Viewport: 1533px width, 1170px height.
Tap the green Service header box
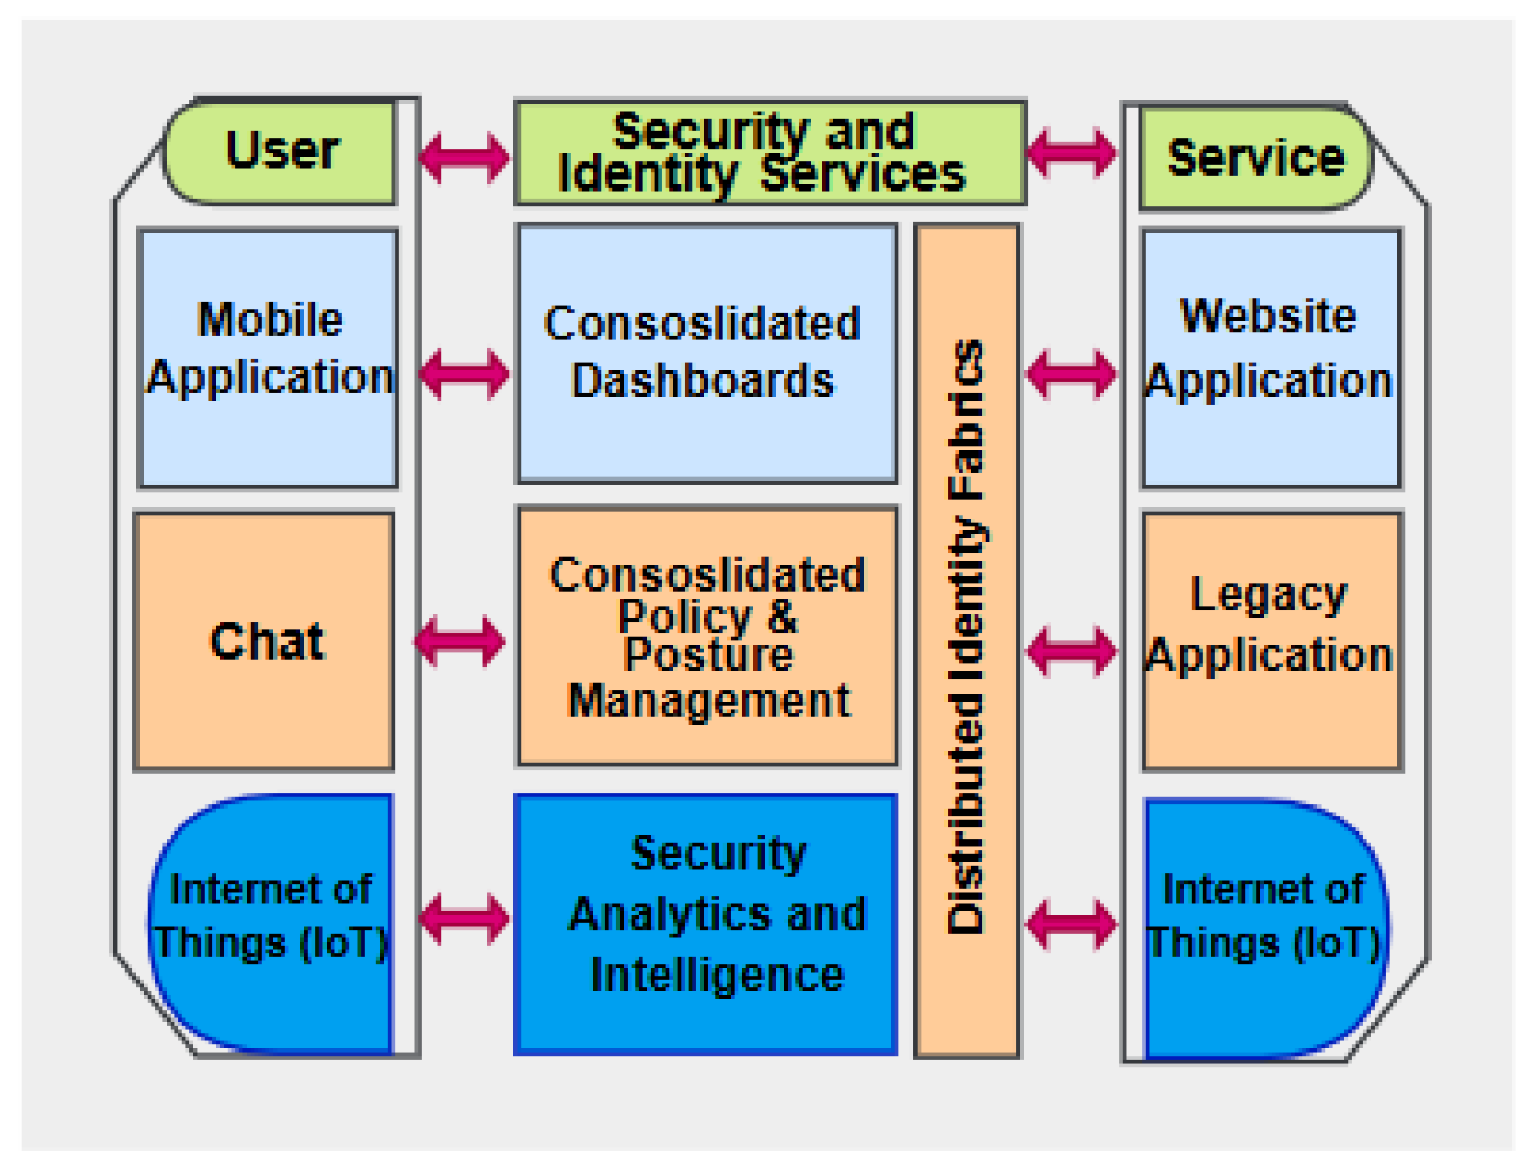[x=1255, y=157]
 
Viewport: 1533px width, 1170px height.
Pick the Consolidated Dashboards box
[x=706, y=352]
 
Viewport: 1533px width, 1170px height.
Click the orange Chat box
[x=264, y=640]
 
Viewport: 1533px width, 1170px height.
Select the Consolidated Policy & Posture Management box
[x=706, y=636]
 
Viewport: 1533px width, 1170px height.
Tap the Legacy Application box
[x=1271, y=640]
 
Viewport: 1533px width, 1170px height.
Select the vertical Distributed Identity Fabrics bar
[x=966, y=640]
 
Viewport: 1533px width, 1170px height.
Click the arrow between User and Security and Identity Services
[x=464, y=156]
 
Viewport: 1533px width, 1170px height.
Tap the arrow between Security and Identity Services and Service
[x=1071, y=152]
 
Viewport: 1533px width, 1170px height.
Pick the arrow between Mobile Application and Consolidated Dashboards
[x=464, y=374]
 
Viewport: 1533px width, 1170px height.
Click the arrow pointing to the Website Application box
[x=1071, y=374]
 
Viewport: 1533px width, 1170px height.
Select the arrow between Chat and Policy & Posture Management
[x=460, y=641]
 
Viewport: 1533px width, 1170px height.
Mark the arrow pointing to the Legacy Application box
[x=1071, y=650]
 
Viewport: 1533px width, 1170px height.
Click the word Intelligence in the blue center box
[x=717, y=975]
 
